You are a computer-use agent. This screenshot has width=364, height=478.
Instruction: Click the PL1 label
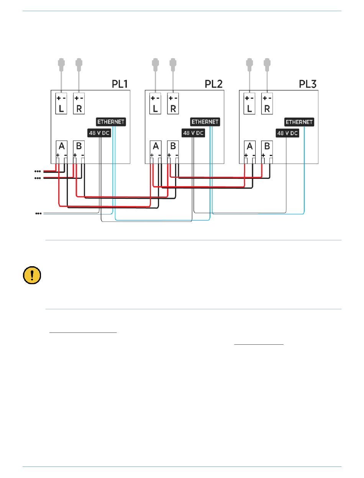coord(120,84)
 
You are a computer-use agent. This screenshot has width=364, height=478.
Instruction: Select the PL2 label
coord(213,84)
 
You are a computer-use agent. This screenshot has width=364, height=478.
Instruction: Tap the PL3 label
coord(307,84)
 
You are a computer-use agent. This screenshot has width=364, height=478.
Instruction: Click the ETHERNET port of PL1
coord(111,122)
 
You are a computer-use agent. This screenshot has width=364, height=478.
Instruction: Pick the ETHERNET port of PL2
coord(205,122)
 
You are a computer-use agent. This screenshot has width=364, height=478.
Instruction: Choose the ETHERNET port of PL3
coord(299,122)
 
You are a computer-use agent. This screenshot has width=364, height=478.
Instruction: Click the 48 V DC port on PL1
coord(99,133)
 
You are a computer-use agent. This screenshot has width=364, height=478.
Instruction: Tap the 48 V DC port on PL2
coord(193,133)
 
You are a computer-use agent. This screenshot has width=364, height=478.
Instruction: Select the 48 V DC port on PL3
coord(287,133)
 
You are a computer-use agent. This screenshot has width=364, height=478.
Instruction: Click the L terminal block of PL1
coord(61,103)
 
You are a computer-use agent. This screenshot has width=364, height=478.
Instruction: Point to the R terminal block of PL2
coord(173,103)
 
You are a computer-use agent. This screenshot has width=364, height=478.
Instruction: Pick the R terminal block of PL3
coord(267,103)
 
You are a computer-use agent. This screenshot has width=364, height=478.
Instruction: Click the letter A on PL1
coord(62,146)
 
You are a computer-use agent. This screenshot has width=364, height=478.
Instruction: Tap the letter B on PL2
coord(173,146)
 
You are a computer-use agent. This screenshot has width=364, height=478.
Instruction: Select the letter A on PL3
coord(250,146)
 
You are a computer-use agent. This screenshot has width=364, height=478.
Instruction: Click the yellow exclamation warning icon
coord(32,275)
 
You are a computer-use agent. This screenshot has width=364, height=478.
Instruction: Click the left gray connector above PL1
coord(61,64)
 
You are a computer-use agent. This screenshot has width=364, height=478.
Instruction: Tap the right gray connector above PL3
coord(267,64)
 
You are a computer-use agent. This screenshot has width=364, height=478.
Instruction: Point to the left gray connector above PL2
coord(155,64)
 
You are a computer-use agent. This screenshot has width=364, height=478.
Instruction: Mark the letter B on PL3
coord(267,146)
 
